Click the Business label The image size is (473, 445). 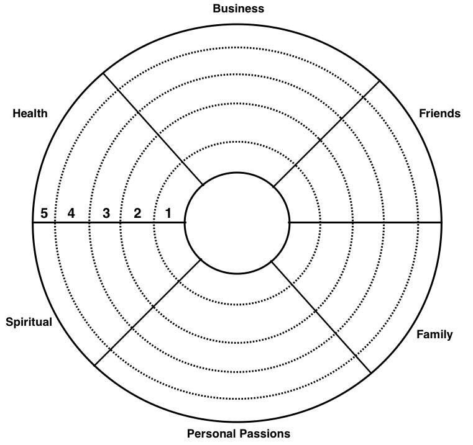(x=238, y=9)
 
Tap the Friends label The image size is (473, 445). (x=439, y=114)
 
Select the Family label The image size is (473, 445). (x=434, y=335)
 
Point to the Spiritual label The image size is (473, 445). (x=29, y=322)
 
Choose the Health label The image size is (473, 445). (x=30, y=114)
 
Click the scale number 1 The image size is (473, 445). (x=168, y=214)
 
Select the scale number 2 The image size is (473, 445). (x=137, y=214)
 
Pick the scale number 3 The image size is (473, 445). (x=106, y=214)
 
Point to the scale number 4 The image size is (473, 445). (x=71, y=214)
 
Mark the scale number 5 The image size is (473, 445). (x=44, y=214)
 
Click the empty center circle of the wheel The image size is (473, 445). (x=237, y=223)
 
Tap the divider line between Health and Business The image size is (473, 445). (x=154, y=128)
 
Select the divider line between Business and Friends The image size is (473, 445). (x=326, y=134)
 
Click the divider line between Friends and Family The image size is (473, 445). (x=365, y=223)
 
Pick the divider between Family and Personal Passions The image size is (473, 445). (x=321, y=317)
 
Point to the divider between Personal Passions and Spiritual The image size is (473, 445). (x=148, y=312)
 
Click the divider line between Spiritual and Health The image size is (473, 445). (x=109, y=223)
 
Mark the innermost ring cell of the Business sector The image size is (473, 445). (x=237, y=156)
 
